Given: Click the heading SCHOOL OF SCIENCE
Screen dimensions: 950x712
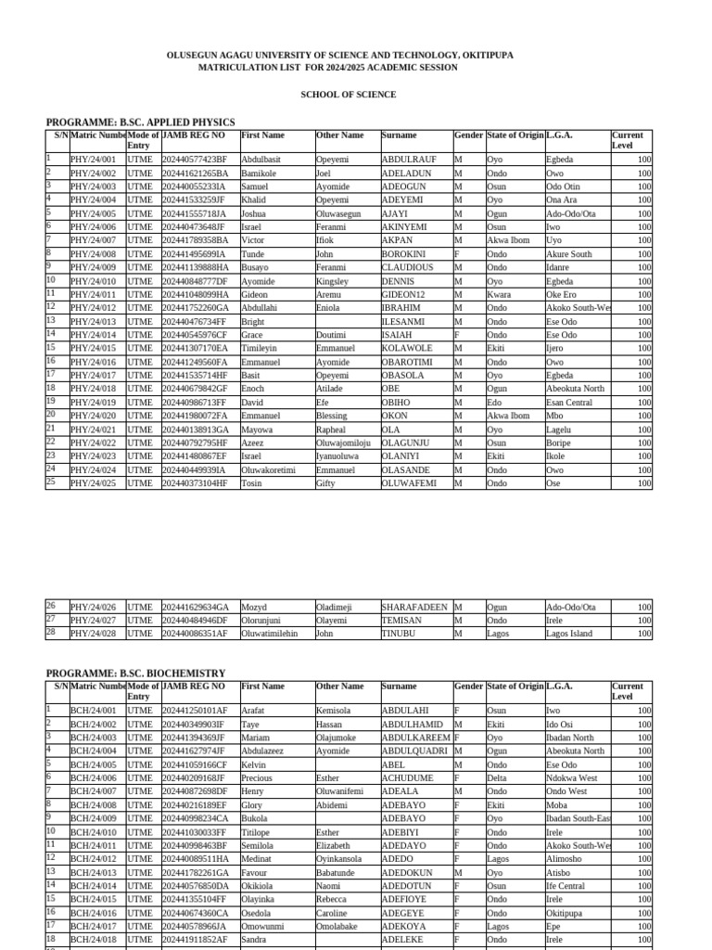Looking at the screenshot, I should point(348,95).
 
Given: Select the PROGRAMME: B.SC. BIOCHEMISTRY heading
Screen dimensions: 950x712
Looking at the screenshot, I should point(135,673).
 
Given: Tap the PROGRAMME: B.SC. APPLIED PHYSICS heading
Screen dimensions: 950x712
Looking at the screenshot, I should point(140,122).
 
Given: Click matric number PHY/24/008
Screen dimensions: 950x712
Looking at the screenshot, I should point(94,254).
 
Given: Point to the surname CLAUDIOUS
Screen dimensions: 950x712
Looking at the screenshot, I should point(407,267).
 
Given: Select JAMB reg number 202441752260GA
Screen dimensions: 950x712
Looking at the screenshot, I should point(195,308).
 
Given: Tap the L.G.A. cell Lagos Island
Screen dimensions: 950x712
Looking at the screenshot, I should point(569,634).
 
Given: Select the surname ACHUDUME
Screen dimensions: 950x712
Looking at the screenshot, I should point(408,778).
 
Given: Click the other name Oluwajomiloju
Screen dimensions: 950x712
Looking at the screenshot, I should point(343,443).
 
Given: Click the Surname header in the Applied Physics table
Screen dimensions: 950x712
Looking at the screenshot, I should point(400,135).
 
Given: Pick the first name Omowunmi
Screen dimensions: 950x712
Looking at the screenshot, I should point(263,927).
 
